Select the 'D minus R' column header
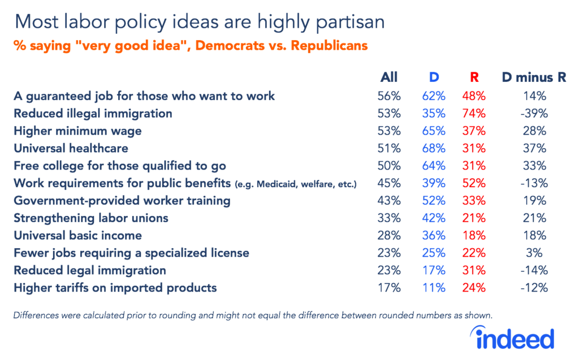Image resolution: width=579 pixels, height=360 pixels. (534, 78)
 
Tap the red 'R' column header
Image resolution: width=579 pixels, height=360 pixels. (474, 78)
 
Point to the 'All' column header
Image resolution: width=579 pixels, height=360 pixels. (389, 78)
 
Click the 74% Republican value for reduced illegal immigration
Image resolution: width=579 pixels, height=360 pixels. (474, 114)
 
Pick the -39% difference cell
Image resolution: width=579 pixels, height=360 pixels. (534, 114)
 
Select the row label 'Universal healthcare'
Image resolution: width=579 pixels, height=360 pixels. (71, 149)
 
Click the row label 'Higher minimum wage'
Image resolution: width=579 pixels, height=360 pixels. (77, 131)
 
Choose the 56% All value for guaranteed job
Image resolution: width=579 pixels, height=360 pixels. (389, 96)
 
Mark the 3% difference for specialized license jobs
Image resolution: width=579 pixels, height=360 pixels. (534, 253)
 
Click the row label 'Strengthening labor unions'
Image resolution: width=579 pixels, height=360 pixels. (91, 218)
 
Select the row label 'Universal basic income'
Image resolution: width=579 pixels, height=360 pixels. (77, 236)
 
